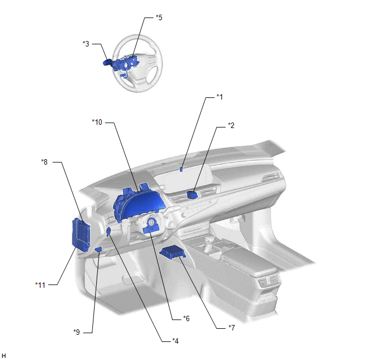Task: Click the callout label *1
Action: point(219,97)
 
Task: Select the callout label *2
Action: point(231,125)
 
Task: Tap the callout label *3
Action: point(86,44)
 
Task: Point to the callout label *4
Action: point(175,341)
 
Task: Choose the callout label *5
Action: point(159,18)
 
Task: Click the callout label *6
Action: point(186,318)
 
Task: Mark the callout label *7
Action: point(232,328)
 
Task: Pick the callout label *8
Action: point(44,162)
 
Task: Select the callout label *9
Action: point(77,332)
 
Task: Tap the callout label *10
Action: point(97,122)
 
